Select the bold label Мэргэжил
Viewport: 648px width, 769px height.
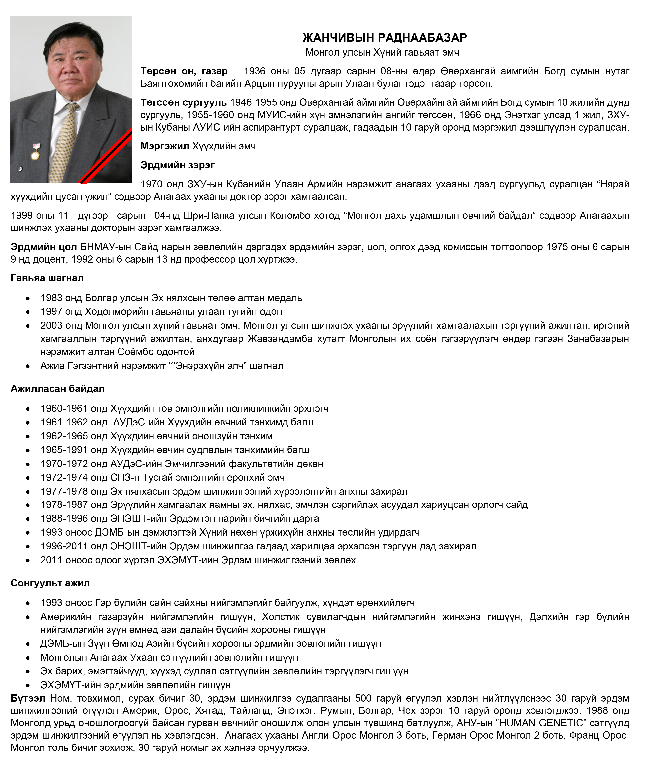(165, 146)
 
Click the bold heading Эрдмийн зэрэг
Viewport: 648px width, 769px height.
(177, 165)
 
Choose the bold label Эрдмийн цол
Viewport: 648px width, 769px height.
(44, 247)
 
